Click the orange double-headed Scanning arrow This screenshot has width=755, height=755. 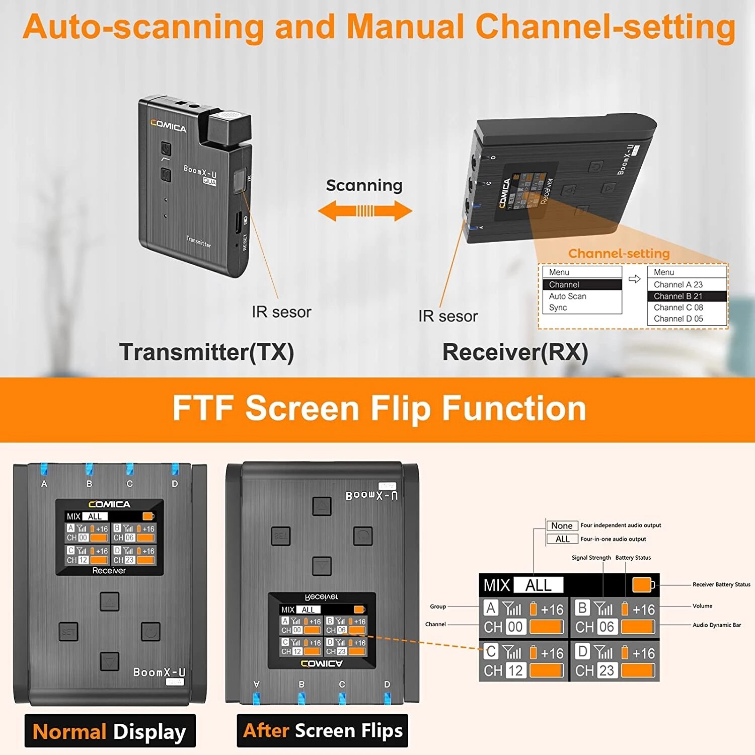(x=365, y=211)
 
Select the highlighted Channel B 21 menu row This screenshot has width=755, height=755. (x=687, y=296)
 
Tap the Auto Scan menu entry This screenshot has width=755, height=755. (x=567, y=296)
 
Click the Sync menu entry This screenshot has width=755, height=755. (x=558, y=308)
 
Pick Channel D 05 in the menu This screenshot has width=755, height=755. (x=678, y=319)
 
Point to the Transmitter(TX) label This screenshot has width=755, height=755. (x=206, y=352)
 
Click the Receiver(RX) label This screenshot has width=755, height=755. (x=515, y=352)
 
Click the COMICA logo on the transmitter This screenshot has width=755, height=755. (x=168, y=126)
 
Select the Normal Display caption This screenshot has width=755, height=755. (x=110, y=731)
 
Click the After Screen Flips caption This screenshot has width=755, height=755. (x=323, y=730)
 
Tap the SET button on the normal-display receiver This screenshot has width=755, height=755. (x=68, y=632)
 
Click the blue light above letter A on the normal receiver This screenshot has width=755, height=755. (x=44, y=469)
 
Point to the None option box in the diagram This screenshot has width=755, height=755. (x=562, y=525)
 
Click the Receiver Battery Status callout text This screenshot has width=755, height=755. (x=721, y=584)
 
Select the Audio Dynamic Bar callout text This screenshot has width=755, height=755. (x=716, y=625)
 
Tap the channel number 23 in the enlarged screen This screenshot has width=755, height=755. (x=606, y=670)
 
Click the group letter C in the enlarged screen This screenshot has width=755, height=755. (x=491, y=652)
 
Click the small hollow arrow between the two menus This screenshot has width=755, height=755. (x=634, y=279)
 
